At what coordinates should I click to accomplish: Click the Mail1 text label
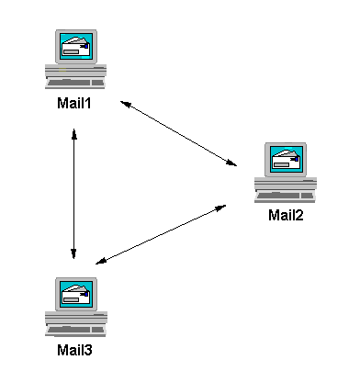[75, 104]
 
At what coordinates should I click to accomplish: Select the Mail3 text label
[75, 349]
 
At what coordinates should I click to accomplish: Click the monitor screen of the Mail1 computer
[75, 46]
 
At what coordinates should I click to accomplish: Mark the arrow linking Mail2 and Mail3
[161, 234]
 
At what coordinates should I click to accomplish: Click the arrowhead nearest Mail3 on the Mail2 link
[99, 263]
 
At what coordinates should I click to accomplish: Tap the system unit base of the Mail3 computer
[75, 315]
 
